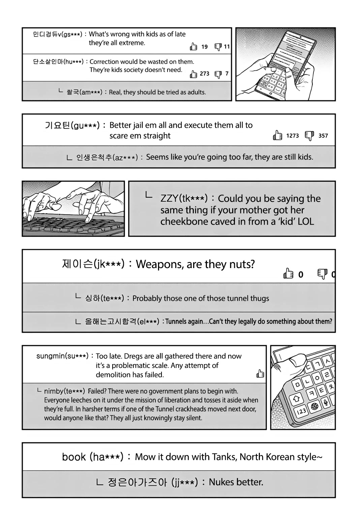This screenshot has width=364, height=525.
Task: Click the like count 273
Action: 205,74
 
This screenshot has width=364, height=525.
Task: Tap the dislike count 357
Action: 323,136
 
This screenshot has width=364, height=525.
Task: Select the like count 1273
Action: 292,136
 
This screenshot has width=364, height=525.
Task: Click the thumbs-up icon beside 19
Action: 193,47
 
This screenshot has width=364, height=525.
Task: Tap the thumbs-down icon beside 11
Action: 218,47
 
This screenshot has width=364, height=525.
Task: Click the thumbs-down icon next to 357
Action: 309,136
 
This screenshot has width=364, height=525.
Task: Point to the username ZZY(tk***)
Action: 184,198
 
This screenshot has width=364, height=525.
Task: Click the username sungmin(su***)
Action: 62,356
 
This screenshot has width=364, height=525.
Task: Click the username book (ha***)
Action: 93,457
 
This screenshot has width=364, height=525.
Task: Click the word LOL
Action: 306,222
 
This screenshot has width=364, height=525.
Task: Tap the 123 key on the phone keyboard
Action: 301,411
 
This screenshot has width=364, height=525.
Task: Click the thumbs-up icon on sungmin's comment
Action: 260,374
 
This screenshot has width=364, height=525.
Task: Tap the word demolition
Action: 113,375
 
